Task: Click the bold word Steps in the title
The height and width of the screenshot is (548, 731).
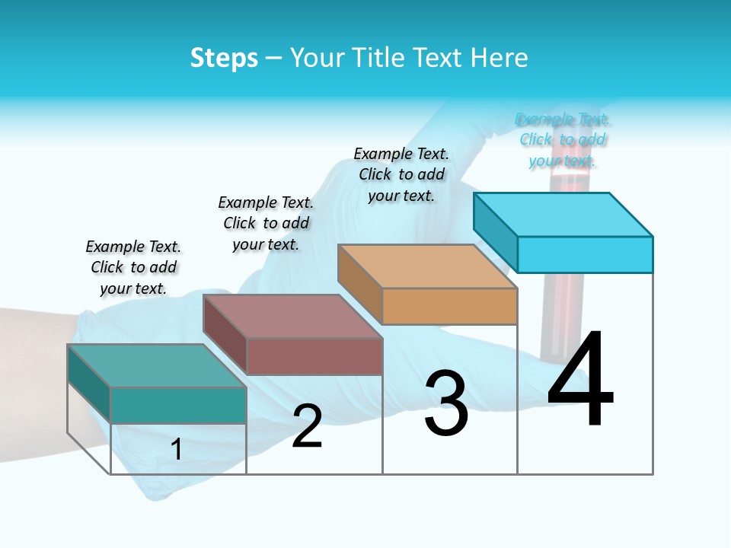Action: pos(224,58)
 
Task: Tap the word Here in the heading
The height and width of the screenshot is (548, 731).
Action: pos(499,58)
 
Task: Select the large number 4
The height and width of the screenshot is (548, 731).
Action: pos(580,378)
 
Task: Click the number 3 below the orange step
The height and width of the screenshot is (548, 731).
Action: pos(446,403)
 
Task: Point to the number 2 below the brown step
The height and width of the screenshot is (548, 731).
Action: pos(307,427)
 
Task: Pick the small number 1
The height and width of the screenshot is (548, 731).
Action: pos(177,449)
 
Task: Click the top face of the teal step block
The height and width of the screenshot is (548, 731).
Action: pos(157,365)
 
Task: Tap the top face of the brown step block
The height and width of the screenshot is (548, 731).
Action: pos(292,316)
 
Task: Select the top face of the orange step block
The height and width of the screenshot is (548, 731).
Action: pos(427,266)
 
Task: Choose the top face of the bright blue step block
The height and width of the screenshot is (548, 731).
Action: pos(563,214)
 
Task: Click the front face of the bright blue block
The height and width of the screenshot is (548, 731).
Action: pos(585,254)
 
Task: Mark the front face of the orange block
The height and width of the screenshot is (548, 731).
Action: pos(449,306)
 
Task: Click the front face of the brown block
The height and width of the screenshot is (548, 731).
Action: pos(314,356)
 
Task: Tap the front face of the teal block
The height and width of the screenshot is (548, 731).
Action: pos(178,405)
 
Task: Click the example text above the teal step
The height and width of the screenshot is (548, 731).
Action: pos(133,267)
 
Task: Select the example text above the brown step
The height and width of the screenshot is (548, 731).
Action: pos(266,223)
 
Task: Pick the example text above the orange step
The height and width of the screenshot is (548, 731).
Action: pos(401,174)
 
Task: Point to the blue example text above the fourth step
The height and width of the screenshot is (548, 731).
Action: pos(563,139)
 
